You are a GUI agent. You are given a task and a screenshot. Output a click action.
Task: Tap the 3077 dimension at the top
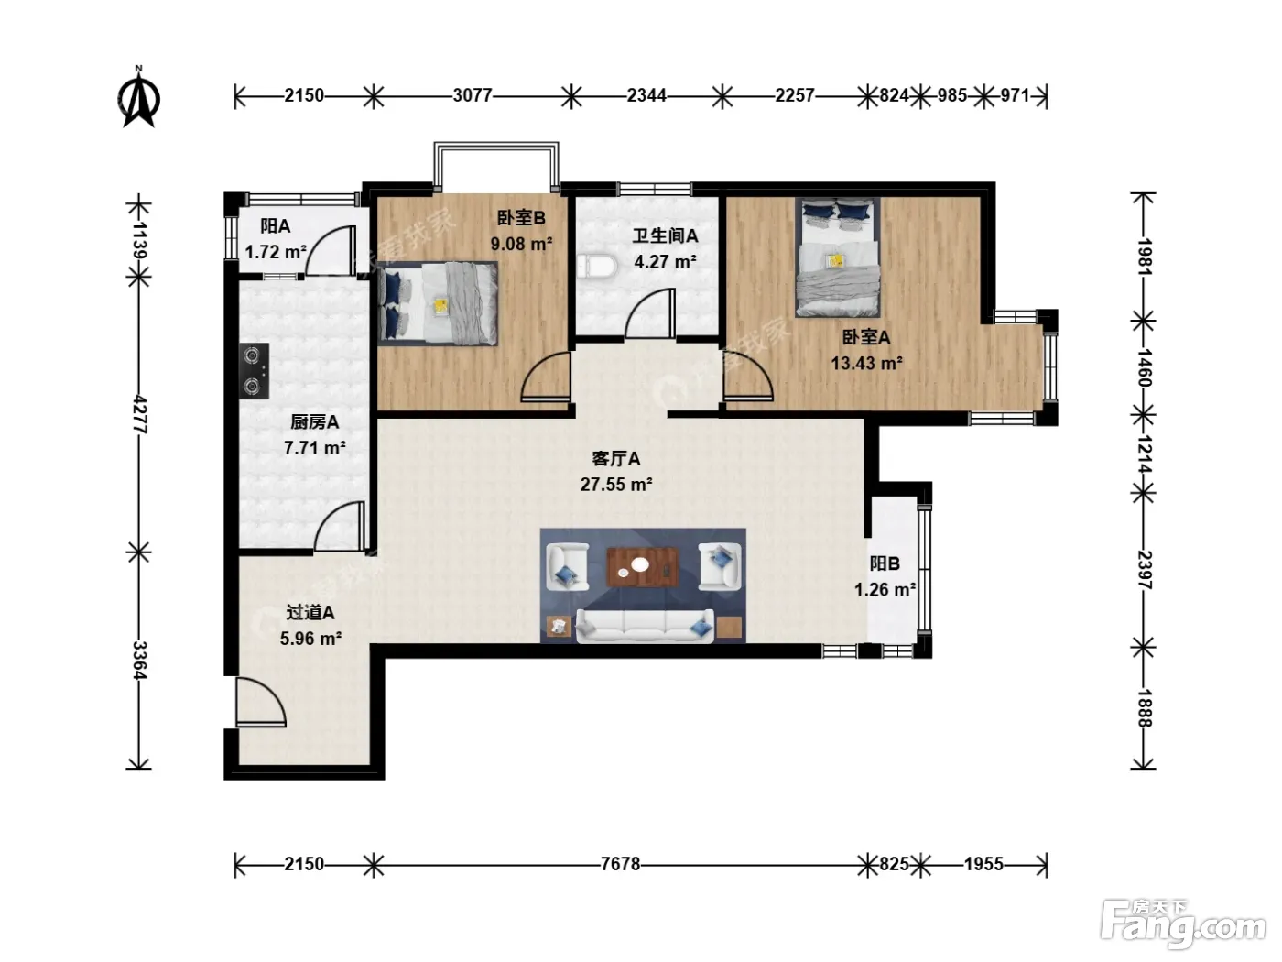(x=473, y=95)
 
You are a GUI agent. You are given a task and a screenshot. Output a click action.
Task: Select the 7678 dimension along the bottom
(x=620, y=864)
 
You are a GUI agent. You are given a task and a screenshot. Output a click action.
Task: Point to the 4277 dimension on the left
(x=140, y=414)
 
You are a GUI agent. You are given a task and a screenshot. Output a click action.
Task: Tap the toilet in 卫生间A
(x=597, y=267)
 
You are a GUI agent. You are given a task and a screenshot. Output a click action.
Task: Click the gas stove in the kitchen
(x=254, y=371)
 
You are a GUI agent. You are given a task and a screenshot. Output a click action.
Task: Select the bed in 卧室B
(x=438, y=303)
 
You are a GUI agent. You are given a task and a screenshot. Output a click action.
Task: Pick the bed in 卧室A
(x=838, y=257)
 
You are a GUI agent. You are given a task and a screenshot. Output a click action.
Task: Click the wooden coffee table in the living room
(x=643, y=566)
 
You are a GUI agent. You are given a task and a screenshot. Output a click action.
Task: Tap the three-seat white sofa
(x=645, y=626)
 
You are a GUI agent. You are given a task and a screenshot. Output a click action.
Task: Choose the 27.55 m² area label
(x=616, y=485)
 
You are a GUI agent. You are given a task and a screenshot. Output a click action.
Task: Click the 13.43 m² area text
(x=867, y=364)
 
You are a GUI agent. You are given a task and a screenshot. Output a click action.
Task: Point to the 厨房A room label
(x=314, y=421)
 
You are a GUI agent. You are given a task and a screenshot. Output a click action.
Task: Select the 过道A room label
(x=310, y=613)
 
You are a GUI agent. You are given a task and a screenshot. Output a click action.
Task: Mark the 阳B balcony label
(x=885, y=563)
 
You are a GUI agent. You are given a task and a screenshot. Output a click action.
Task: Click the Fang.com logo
(x=1184, y=926)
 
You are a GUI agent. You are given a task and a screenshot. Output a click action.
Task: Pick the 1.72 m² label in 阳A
(x=276, y=252)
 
